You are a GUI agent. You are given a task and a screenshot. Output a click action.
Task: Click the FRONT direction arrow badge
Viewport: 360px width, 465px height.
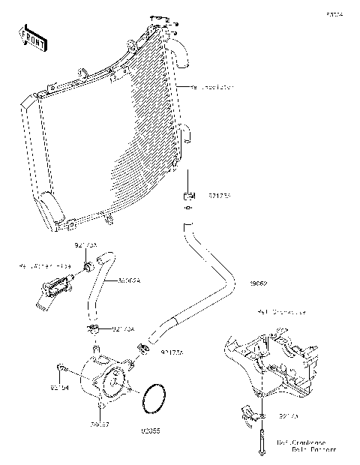coord(32,37)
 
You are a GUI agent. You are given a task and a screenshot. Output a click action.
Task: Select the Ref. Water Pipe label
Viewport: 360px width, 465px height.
coord(44,266)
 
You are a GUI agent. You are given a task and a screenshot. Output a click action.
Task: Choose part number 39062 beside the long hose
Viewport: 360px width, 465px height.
coord(259,284)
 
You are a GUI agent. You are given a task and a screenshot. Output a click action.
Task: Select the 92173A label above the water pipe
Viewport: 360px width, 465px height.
coord(85,245)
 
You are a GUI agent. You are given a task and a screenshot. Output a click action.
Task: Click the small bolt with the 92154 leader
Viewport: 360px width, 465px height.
coord(61,367)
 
